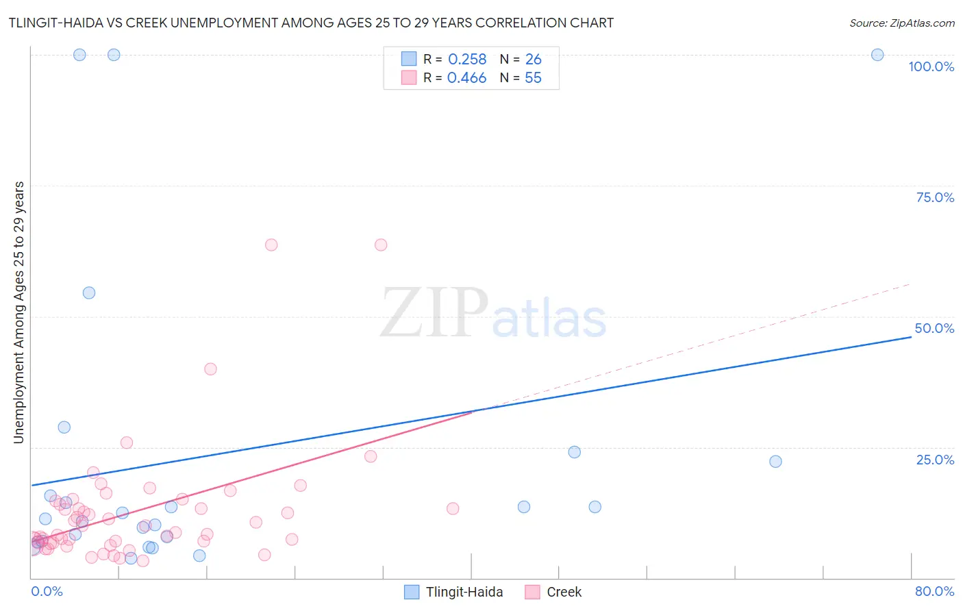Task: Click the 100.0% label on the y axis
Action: point(931,66)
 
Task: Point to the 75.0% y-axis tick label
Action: point(935,197)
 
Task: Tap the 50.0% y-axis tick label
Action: point(934,328)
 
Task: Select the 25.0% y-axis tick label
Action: point(935,460)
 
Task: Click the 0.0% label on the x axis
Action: point(47,591)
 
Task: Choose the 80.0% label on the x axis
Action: point(934,591)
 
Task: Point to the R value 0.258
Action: point(467,60)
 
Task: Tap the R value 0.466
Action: point(466,78)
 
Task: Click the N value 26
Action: point(533,60)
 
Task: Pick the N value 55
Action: point(533,78)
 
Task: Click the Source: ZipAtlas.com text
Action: point(901,23)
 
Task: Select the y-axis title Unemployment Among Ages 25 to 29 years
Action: point(18,312)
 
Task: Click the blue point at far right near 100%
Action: point(877,55)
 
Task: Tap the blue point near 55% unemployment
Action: point(89,292)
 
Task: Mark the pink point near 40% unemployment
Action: point(210,369)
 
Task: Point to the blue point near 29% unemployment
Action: point(64,427)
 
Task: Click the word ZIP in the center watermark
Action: point(434,314)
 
